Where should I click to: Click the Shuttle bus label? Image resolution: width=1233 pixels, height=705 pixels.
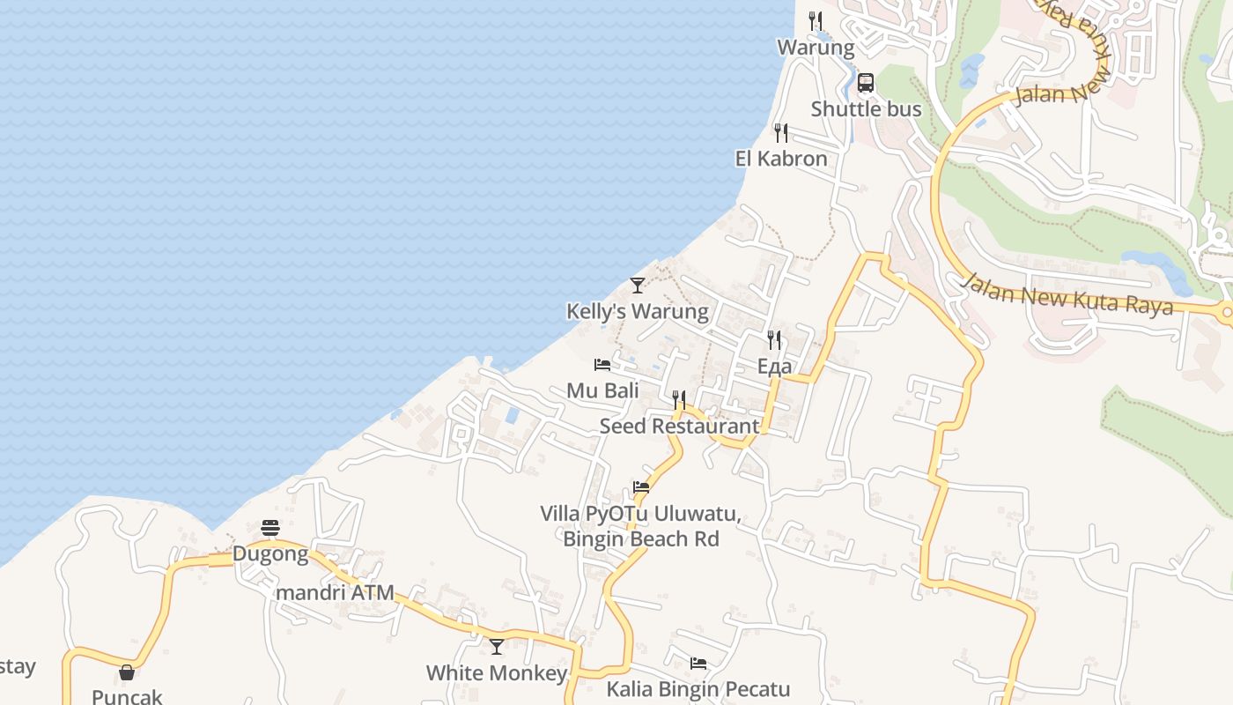point(866,109)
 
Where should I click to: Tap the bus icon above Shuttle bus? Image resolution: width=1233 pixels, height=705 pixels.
point(866,84)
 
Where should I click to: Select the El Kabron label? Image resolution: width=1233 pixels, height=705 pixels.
point(781,159)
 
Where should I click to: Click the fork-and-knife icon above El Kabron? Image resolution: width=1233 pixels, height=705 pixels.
point(781,133)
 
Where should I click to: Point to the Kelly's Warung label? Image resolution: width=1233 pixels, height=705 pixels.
point(637,311)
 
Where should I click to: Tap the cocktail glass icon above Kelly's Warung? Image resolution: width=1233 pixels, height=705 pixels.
point(637,286)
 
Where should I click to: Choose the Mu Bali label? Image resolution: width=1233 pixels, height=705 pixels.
point(602,390)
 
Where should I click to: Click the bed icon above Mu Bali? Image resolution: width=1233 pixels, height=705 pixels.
point(602,365)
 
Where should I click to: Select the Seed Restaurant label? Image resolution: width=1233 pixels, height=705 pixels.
point(679,426)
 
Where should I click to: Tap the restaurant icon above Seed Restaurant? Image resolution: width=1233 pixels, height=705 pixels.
point(679,400)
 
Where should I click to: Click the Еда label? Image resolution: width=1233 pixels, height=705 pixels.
point(774,366)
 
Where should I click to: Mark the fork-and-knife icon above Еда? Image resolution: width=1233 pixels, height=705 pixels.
point(774,340)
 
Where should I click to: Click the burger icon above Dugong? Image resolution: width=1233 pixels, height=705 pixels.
point(270,529)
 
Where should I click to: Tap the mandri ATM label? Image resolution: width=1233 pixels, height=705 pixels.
point(335,592)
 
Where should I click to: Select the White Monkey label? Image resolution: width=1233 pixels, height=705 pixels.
point(497,673)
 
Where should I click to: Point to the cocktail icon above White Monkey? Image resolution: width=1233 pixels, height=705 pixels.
point(497,647)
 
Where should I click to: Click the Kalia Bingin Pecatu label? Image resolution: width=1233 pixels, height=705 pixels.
point(698,689)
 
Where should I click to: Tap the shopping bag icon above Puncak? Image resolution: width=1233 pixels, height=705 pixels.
point(127,673)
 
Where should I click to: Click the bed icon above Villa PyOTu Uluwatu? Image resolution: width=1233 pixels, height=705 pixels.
point(641,487)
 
